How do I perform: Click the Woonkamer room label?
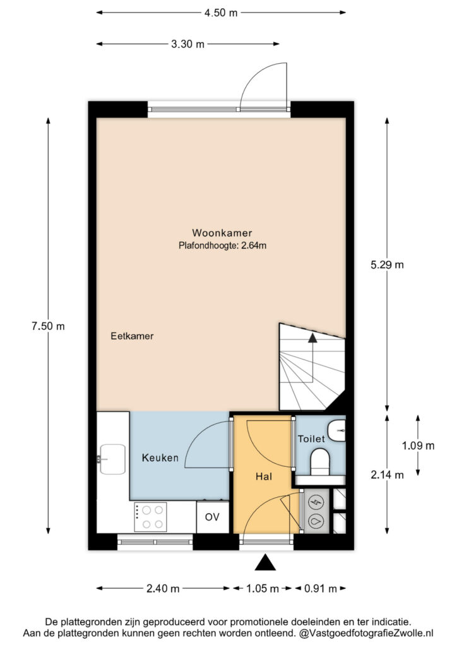(222, 233)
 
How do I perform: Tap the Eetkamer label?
(132, 336)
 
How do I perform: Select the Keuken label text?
(160, 457)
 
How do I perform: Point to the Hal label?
(264, 476)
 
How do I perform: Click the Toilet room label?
(312, 438)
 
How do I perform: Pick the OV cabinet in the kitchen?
(212, 517)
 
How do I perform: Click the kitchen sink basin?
(112, 459)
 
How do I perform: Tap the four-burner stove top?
(150, 517)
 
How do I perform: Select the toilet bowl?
(320, 462)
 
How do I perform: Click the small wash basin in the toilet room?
(338, 431)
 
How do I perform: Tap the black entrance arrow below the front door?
(265, 563)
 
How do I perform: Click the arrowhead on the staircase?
(313, 338)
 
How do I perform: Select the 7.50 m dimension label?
(48, 326)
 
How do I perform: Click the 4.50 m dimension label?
(221, 13)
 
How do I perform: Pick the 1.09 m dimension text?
(418, 445)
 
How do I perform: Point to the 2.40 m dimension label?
(163, 588)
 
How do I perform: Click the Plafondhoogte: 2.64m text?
(223, 246)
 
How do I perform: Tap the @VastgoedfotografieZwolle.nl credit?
(366, 633)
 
